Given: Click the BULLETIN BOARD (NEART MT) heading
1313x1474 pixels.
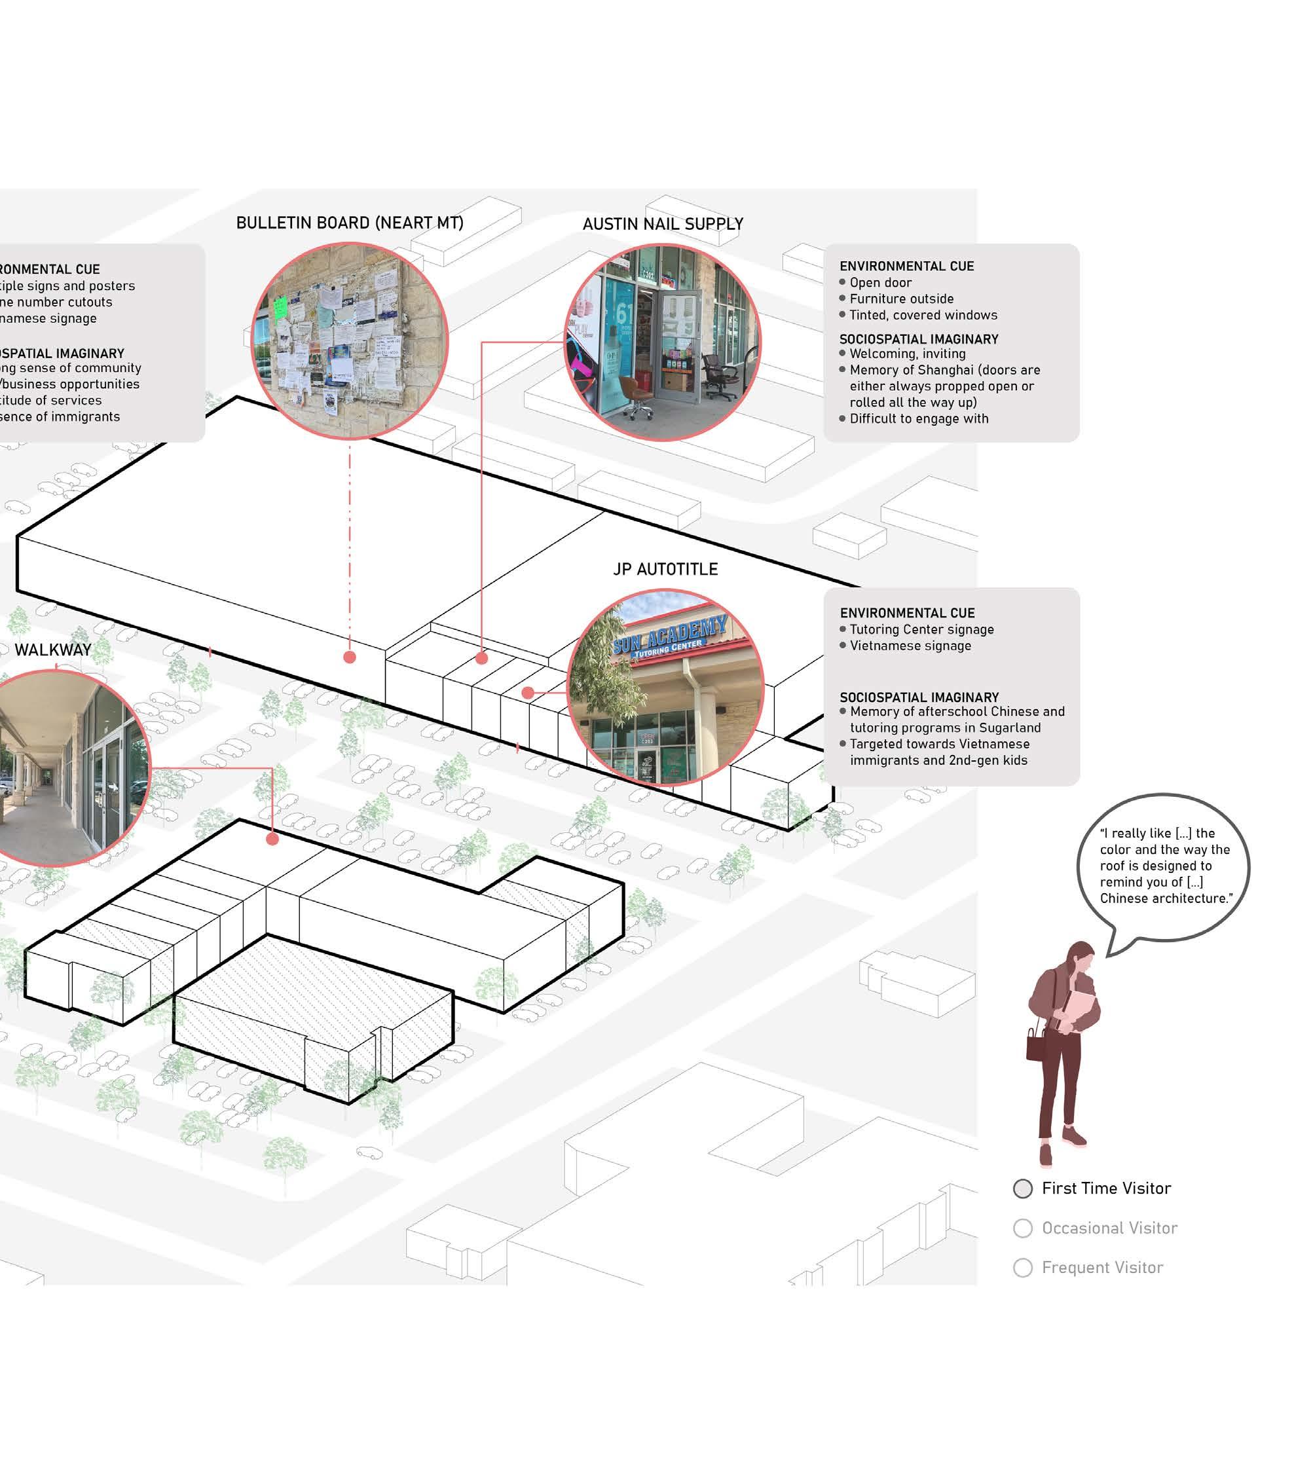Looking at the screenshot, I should [x=349, y=223].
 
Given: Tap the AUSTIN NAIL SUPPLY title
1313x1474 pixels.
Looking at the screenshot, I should [x=662, y=225].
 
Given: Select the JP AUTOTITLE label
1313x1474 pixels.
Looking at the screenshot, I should [x=665, y=569].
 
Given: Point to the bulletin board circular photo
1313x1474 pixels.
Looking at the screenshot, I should [x=350, y=341].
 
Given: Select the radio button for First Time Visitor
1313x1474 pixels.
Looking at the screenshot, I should [x=1022, y=1188].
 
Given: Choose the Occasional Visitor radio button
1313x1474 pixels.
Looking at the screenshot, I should [x=1022, y=1228].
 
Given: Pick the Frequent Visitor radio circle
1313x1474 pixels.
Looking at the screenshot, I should [x=1022, y=1268].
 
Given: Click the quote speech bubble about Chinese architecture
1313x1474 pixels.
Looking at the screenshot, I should [x=1162, y=866].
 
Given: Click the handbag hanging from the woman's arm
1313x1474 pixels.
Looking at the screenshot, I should [x=1037, y=1043].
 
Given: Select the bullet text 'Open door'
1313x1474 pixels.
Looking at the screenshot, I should [x=880, y=283].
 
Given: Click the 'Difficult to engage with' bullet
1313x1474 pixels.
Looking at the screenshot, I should [x=918, y=418].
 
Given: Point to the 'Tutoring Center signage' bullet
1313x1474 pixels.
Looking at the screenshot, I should [x=921, y=629].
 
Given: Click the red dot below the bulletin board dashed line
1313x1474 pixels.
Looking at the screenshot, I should [x=350, y=657].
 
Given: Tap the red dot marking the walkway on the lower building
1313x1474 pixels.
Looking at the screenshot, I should [x=272, y=839].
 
